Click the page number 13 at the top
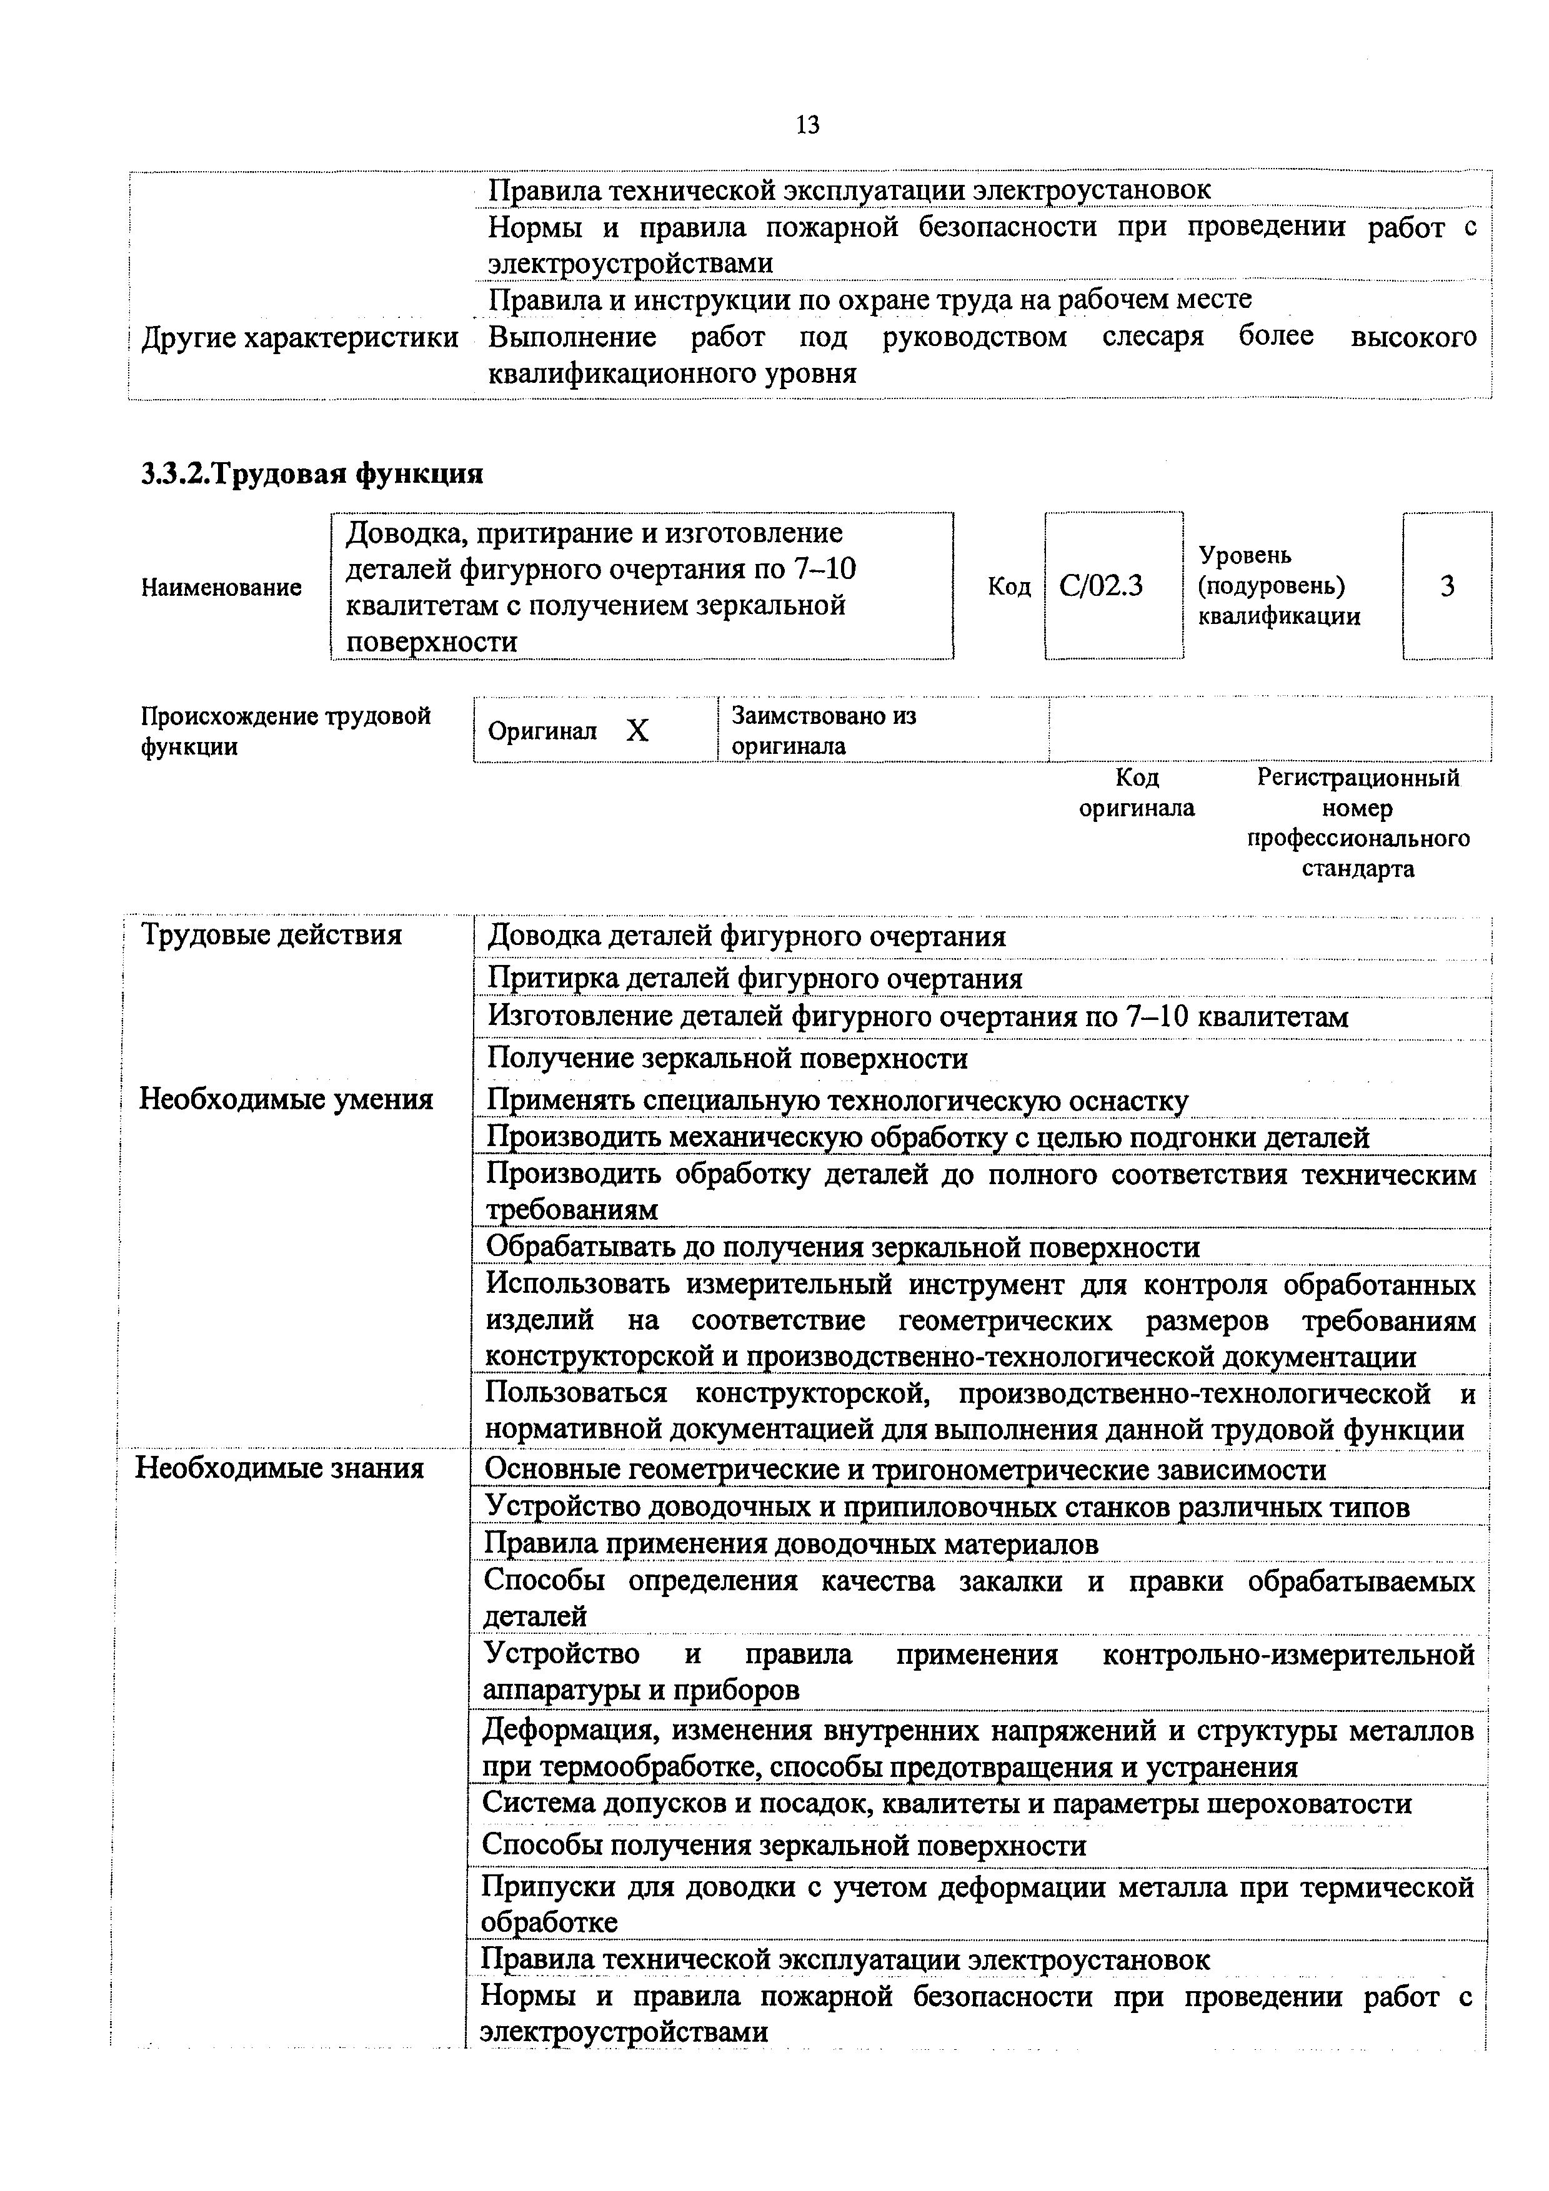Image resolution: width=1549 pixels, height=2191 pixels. (807, 125)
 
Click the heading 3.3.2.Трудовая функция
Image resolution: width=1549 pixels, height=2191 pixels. (312, 474)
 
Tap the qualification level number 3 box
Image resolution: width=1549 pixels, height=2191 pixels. (1447, 586)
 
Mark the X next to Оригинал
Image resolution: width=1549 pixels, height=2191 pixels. (637, 731)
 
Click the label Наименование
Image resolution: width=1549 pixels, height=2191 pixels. (221, 588)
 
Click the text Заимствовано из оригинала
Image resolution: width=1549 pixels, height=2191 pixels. (823, 730)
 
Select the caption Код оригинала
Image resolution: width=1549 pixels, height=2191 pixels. (1136, 793)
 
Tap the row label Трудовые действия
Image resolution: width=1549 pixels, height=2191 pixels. (271, 934)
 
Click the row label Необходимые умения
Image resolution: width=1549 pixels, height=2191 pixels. (286, 1099)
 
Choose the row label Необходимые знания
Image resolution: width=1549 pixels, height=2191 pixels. (280, 1468)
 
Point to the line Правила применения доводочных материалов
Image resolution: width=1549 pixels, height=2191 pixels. (790, 1543)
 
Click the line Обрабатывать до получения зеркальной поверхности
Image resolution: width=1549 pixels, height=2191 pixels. (843, 1247)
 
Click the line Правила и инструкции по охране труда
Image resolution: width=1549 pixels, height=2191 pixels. (869, 300)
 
